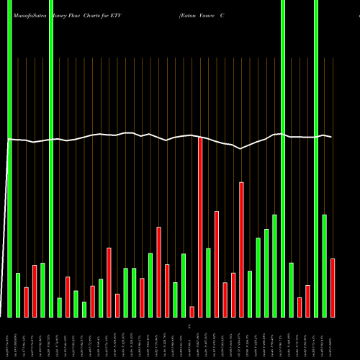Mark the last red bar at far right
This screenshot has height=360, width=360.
pos(333,288)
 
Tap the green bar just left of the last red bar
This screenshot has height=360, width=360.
pos(324,266)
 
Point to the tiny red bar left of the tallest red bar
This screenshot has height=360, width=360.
pos(192,311)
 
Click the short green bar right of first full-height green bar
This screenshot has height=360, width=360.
pos(18,295)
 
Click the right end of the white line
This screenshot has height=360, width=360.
pos(330,137)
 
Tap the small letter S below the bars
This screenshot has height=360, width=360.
pos(190,326)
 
